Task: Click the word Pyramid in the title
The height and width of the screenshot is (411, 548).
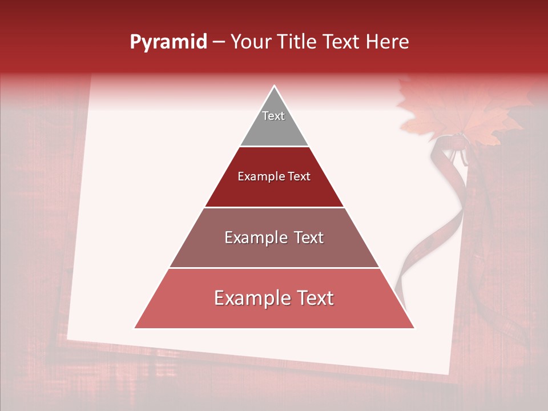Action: click(168, 42)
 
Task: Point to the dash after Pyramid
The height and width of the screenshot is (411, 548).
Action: click(219, 43)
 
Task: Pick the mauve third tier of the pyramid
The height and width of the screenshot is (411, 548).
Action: click(274, 251)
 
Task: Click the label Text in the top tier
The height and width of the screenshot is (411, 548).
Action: click(273, 116)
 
